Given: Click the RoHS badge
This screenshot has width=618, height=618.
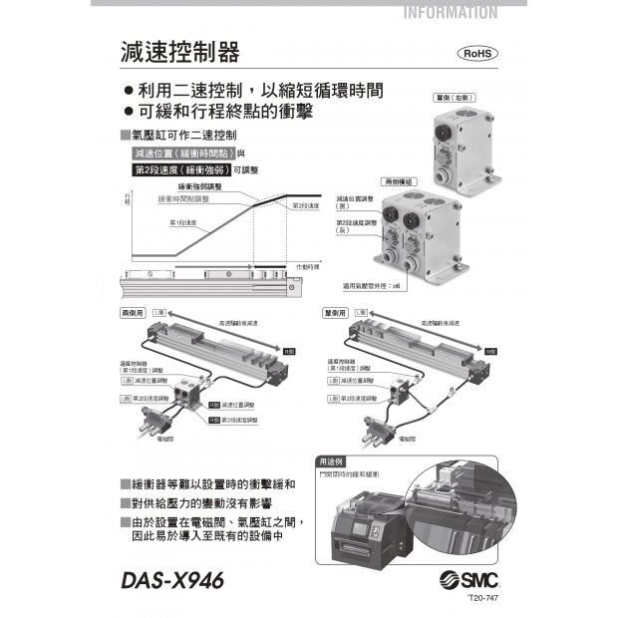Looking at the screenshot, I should pos(476,54).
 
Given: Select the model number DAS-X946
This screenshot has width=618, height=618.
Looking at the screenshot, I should pos(171,579).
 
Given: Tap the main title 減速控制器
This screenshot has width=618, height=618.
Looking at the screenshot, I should pos(178,52).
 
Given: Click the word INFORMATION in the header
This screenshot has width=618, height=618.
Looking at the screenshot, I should pos(451,13).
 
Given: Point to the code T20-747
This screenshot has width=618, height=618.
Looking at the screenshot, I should pos(481,600).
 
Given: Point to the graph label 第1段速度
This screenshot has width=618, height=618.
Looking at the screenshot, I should pos(182,222).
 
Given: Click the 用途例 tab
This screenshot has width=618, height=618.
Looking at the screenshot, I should pos(331,463).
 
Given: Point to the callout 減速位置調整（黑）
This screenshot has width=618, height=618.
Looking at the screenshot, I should pos(356,202).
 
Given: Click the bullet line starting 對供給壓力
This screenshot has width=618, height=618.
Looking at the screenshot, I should pos(212,501).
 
